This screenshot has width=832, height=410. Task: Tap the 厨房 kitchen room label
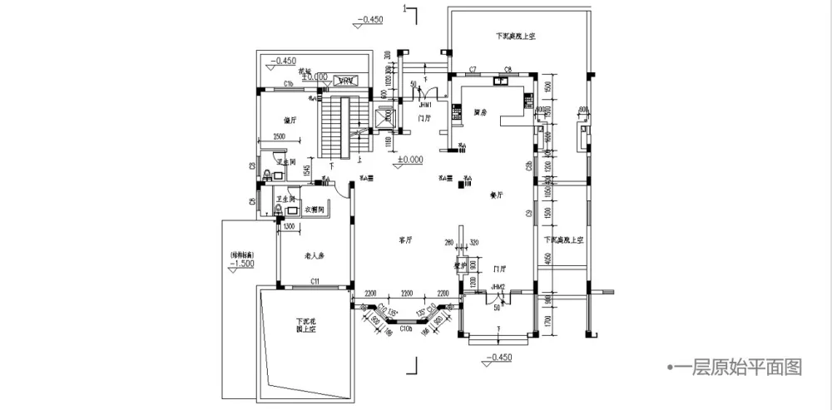479,111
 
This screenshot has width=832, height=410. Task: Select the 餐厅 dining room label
498,195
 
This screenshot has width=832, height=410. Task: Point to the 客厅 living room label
406,240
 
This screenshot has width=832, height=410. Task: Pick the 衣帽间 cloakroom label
314,208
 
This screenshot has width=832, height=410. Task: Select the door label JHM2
498,287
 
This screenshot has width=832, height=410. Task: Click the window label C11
316,283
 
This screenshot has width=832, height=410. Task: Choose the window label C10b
406,329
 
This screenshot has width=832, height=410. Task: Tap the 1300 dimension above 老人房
289,225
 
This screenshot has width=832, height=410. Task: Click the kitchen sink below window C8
502,82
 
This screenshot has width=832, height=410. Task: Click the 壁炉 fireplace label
458,267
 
